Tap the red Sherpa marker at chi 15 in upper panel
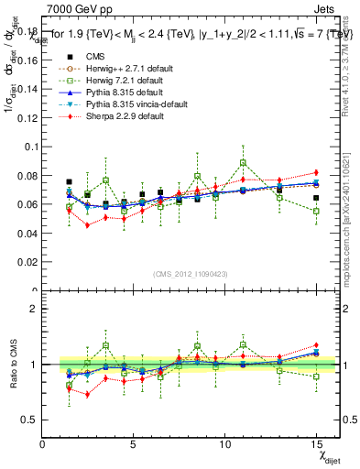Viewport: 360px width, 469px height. tap(316, 172)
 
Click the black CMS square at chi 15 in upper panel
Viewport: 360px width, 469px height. tap(316, 198)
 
